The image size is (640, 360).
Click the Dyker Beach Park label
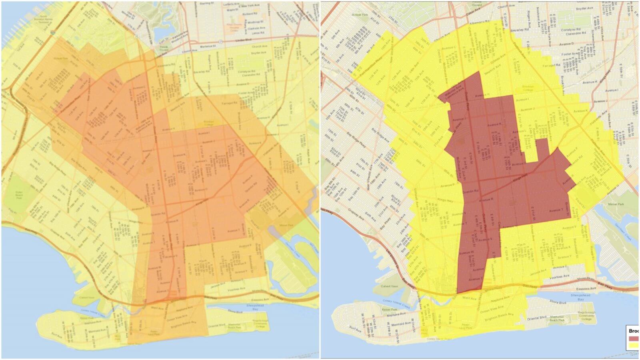tap(20, 193)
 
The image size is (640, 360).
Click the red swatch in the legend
tap(634, 338)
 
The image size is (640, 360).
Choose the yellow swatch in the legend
tap(634, 345)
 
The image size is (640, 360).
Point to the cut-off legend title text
tap(634, 331)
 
